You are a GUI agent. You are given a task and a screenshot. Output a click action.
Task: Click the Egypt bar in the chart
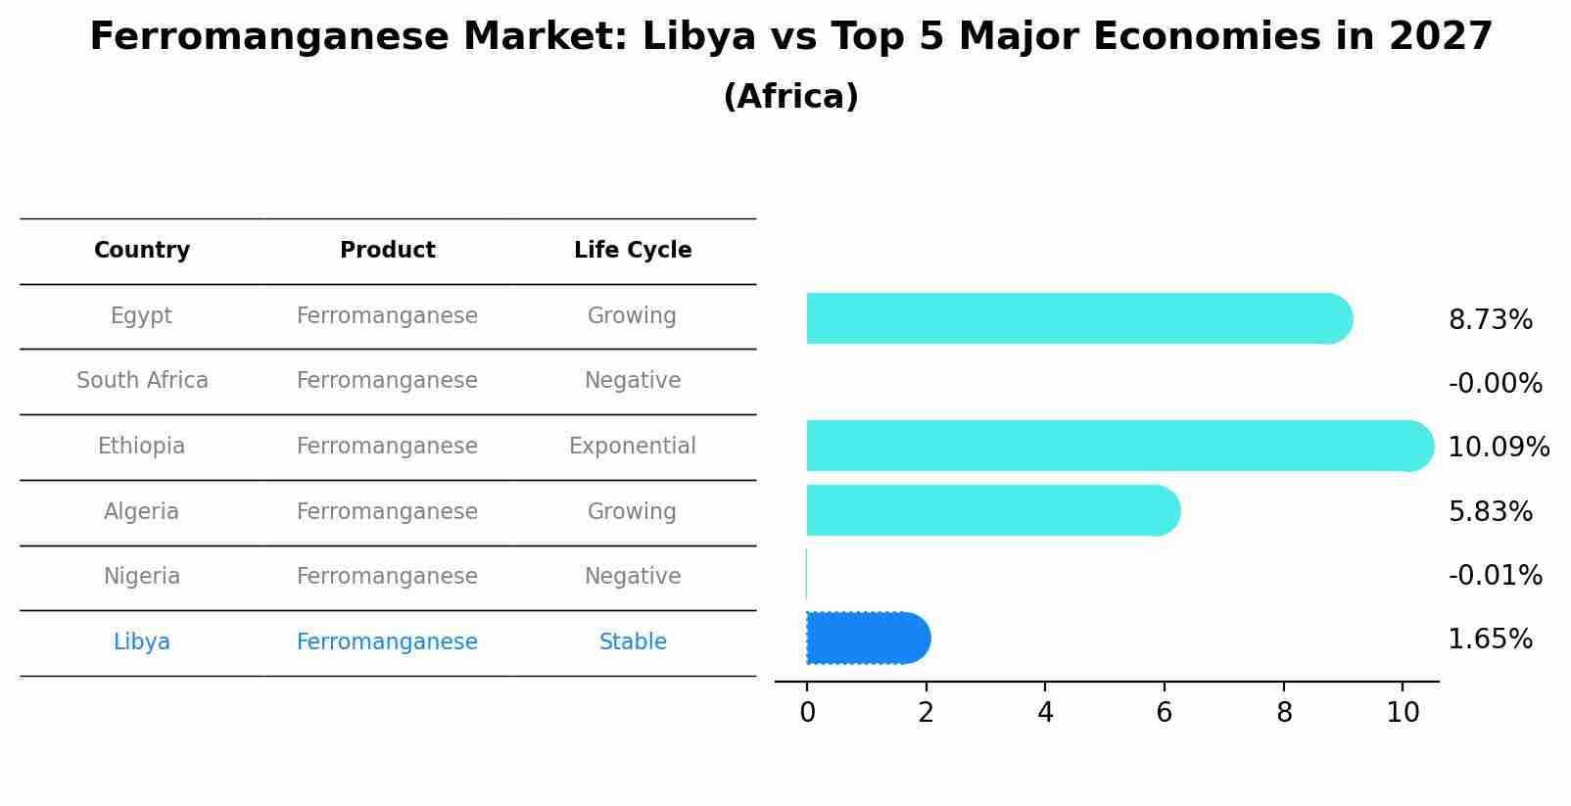1077,318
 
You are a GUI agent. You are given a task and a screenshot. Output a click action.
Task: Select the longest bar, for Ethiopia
1117,446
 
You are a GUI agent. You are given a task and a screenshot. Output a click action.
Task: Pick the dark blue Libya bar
867,639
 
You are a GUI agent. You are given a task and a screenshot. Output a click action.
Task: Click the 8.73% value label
1490,320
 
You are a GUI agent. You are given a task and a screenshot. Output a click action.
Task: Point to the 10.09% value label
1498,448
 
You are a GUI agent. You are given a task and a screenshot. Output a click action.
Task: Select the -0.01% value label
1495,576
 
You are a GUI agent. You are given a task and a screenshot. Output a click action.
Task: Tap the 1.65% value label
1490,640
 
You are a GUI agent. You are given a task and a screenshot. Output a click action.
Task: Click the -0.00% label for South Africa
1495,384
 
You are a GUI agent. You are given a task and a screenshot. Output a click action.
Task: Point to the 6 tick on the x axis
1164,713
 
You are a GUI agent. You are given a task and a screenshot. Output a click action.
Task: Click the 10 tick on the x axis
1403,713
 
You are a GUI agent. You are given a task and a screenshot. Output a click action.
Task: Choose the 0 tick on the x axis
807,713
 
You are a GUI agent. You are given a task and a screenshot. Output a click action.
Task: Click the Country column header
142,251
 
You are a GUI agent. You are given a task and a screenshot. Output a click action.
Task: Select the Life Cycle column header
633,251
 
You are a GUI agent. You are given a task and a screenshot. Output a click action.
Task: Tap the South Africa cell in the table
142,381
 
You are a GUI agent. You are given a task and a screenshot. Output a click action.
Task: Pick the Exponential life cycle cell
633,447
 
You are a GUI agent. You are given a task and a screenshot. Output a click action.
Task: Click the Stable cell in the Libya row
633,642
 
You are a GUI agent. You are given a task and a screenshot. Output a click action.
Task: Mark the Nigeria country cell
142,577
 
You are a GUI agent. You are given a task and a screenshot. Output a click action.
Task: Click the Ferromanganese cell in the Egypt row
387,316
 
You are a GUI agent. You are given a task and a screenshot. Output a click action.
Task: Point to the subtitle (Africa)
790,97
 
